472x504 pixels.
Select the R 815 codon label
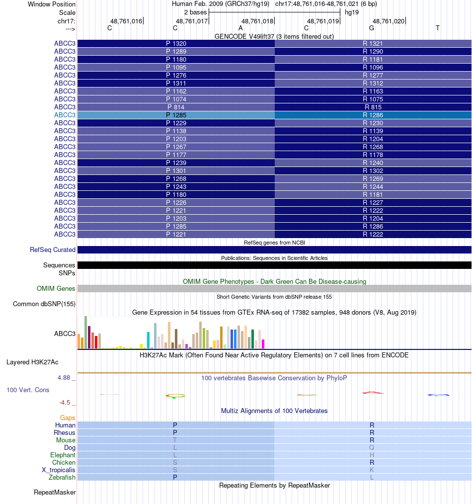click(x=373, y=107)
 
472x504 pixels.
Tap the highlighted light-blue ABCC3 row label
click(x=65, y=115)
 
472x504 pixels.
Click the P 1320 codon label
click(x=176, y=43)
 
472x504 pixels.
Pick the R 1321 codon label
click(x=373, y=43)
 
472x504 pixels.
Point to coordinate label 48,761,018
click(x=257, y=21)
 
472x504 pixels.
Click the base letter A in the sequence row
click(x=240, y=28)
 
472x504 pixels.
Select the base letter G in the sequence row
click(x=372, y=28)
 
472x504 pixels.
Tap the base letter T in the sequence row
click(x=437, y=28)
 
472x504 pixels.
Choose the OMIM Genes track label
click(x=56, y=288)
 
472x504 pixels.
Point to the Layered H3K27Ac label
click(x=41, y=362)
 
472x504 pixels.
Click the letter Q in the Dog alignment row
click(x=372, y=447)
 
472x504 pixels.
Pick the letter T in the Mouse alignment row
click(x=175, y=440)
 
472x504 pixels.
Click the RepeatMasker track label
click(x=55, y=493)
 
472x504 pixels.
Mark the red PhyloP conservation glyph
click(x=373, y=393)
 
